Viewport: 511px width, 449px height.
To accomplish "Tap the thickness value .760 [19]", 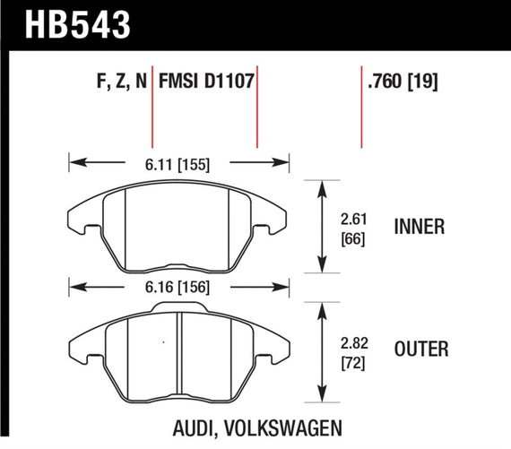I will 409,82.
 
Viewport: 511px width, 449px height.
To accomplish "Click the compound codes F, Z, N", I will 121,82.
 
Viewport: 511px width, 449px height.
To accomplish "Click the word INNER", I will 420,227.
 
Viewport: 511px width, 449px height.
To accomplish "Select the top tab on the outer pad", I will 178,308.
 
